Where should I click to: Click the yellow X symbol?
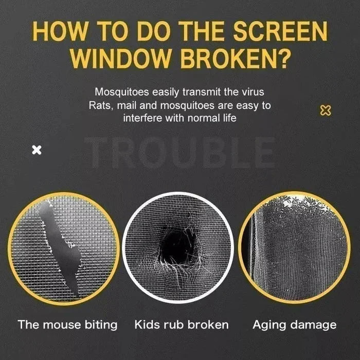325,110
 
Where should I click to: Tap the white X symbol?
37,150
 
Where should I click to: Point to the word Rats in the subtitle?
99,105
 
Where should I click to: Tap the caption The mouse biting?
67,325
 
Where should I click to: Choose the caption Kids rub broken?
181,325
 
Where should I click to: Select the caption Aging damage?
294,325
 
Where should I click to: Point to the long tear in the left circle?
64,247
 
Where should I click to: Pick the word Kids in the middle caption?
146,325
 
